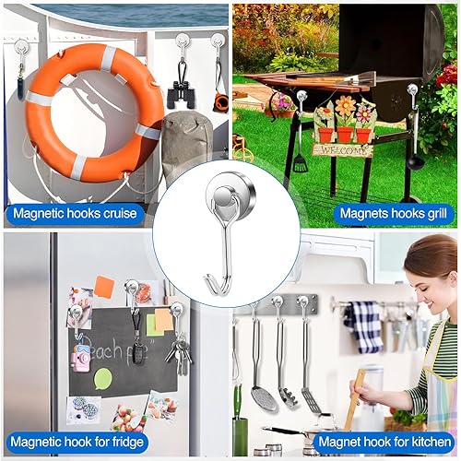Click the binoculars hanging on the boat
click(x=180, y=93)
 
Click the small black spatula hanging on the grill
click(x=300, y=162)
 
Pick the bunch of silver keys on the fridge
click(x=181, y=351)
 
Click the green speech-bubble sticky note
click(x=102, y=378)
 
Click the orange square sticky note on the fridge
click(x=104, y=288)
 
